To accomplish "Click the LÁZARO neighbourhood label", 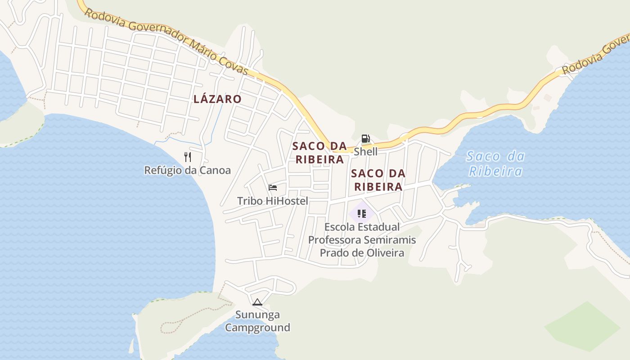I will click(x=217, y=99).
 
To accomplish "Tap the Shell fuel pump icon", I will click(x=365, y=139).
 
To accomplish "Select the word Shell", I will click(x=365, y=152).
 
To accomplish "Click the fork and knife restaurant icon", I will click(x=188, y=157).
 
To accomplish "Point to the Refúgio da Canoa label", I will click(x=187, y=171).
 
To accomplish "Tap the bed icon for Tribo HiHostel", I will click(x=272, y=188).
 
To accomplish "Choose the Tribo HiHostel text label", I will click(x=273, y=201).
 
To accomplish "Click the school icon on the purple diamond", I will click(x=361, y=213).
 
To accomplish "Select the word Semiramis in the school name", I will click(x=389, y=240).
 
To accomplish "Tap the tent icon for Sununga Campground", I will click(x=257, y=302).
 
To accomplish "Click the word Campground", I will click(x=257, y=328).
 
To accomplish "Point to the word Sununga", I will click(x=257, y=315).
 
